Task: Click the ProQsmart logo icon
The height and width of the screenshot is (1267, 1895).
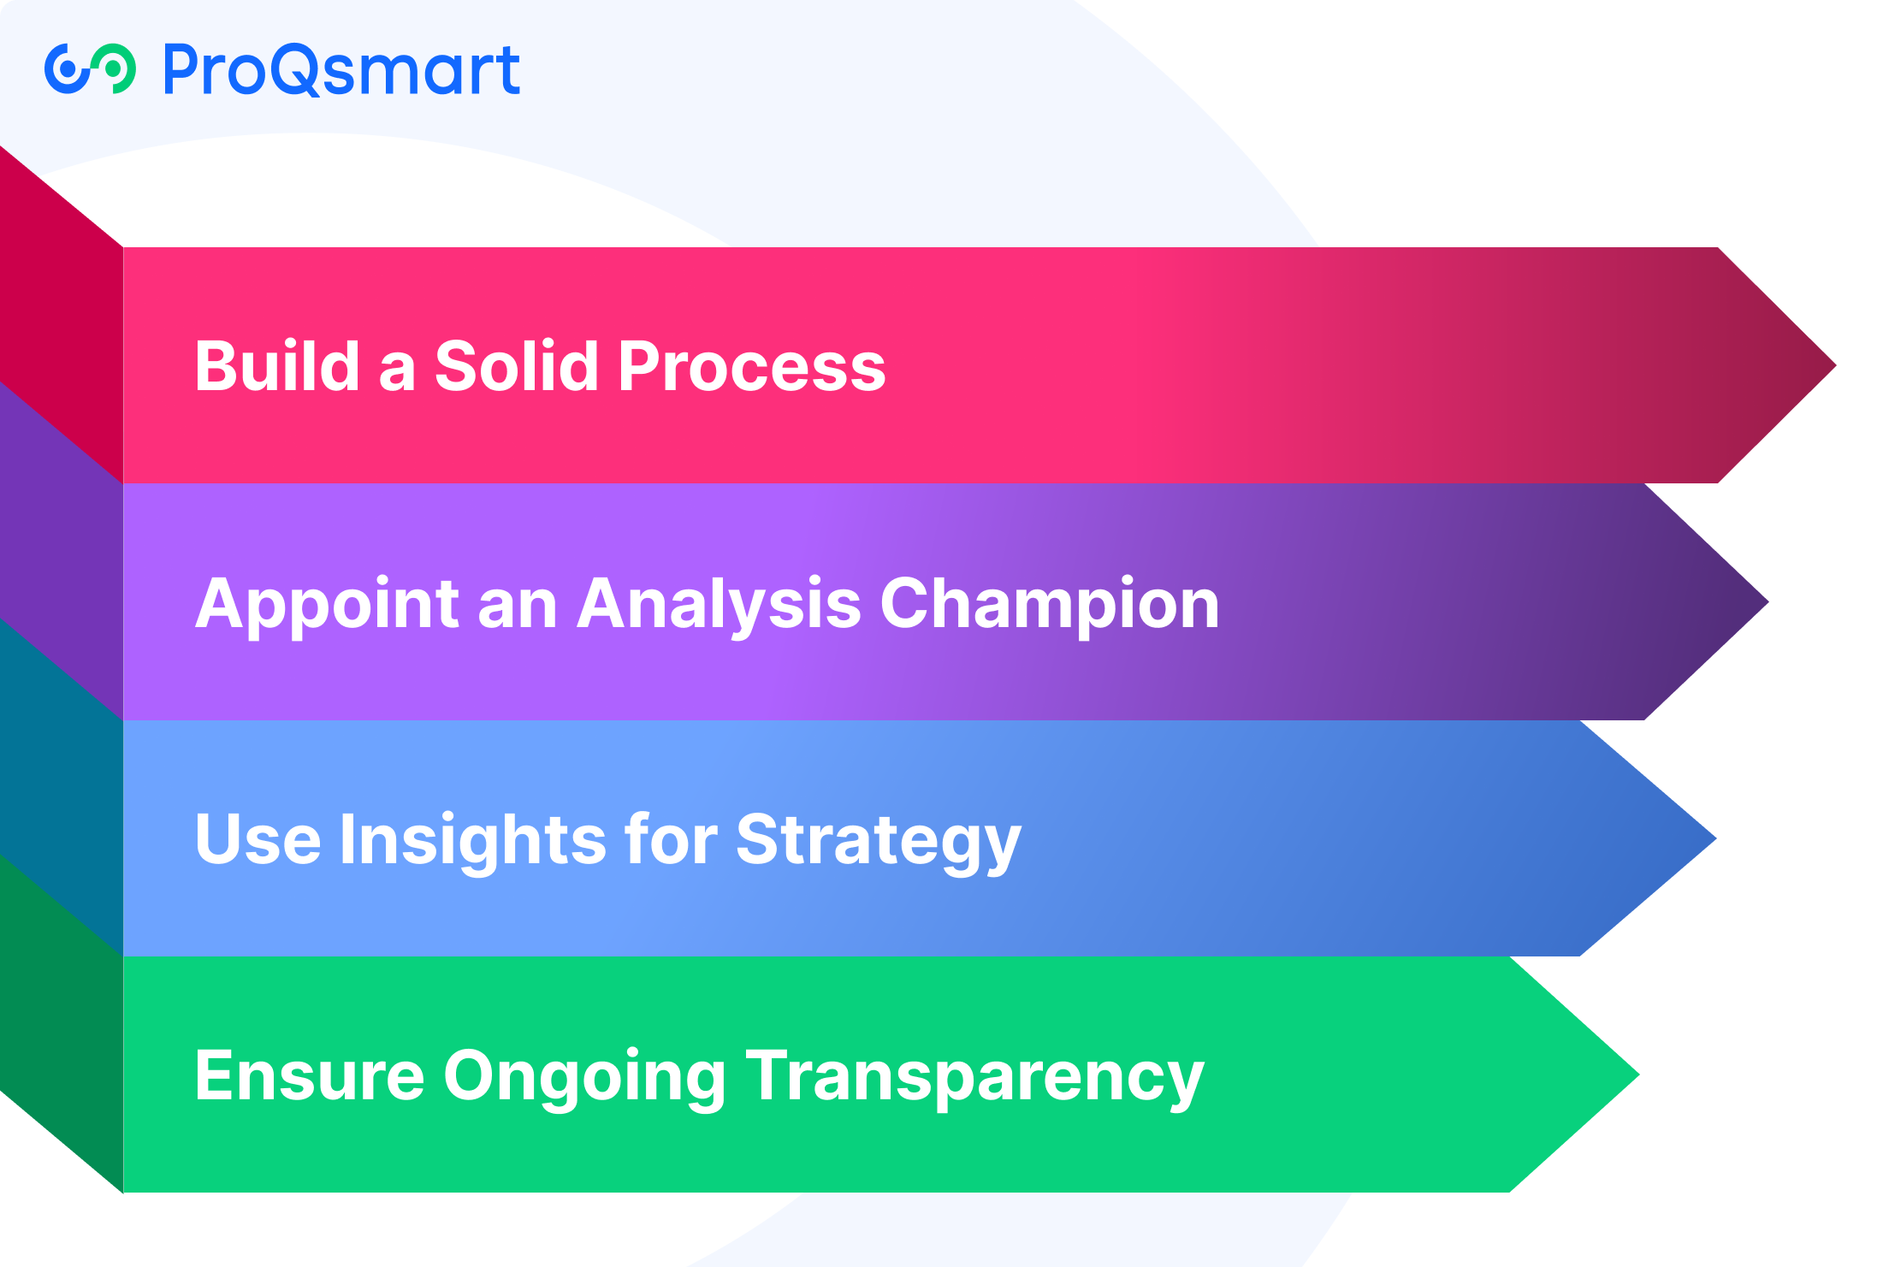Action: [x=90, y=68]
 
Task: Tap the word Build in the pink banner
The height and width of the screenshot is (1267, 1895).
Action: [x=277, y=365]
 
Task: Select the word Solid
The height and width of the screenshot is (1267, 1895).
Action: [x=517, y=365]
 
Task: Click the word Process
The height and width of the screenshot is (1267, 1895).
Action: [x=752, y=366]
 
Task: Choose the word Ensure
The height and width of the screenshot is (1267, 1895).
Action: [x=310, y=1076]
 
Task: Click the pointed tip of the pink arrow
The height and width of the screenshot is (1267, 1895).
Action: [x=1834, y=365]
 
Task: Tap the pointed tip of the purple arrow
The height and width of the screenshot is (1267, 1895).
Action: [x=1767, y=602]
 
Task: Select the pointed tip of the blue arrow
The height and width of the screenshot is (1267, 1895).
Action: [x=1714, y=838]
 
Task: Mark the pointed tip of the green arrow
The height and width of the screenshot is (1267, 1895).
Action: [x=1637, y=1075]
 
